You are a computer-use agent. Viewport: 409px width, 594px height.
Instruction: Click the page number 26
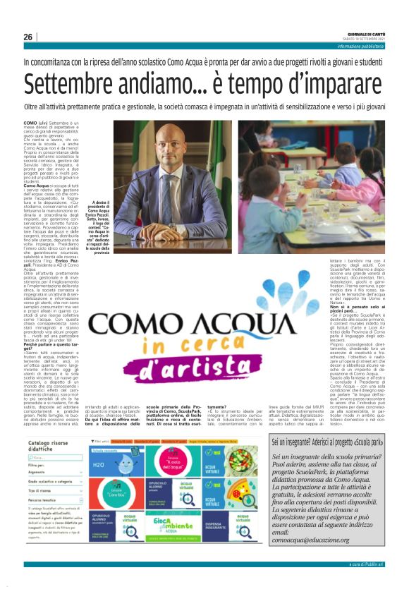(28, 37)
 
